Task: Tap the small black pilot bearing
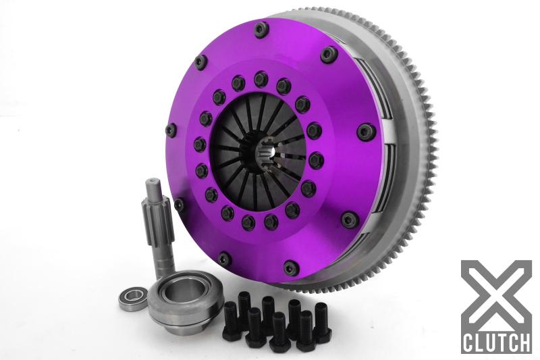click(x=133, y=296)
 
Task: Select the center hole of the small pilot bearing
click(x=133, y=297)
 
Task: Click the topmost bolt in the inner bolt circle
click(x=261, y=80)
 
